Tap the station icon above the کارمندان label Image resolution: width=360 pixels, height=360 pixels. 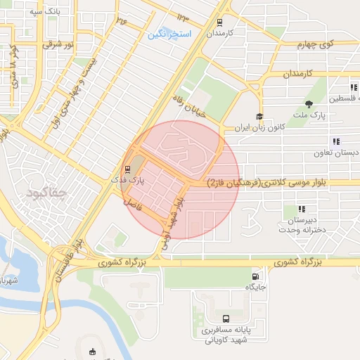click(x=221, y=21)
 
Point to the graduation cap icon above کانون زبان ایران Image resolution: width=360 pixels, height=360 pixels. click(x=259, y=117)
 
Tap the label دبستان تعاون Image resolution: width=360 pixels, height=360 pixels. click(x=336, y=152)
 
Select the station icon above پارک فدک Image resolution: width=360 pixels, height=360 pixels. click(x=127, y=169)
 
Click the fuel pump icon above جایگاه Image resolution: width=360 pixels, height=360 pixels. click(x=254, y=276)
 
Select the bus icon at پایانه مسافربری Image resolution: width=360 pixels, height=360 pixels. click(x=214, y=318)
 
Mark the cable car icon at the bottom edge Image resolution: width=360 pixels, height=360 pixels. click(x=92, y=352)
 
